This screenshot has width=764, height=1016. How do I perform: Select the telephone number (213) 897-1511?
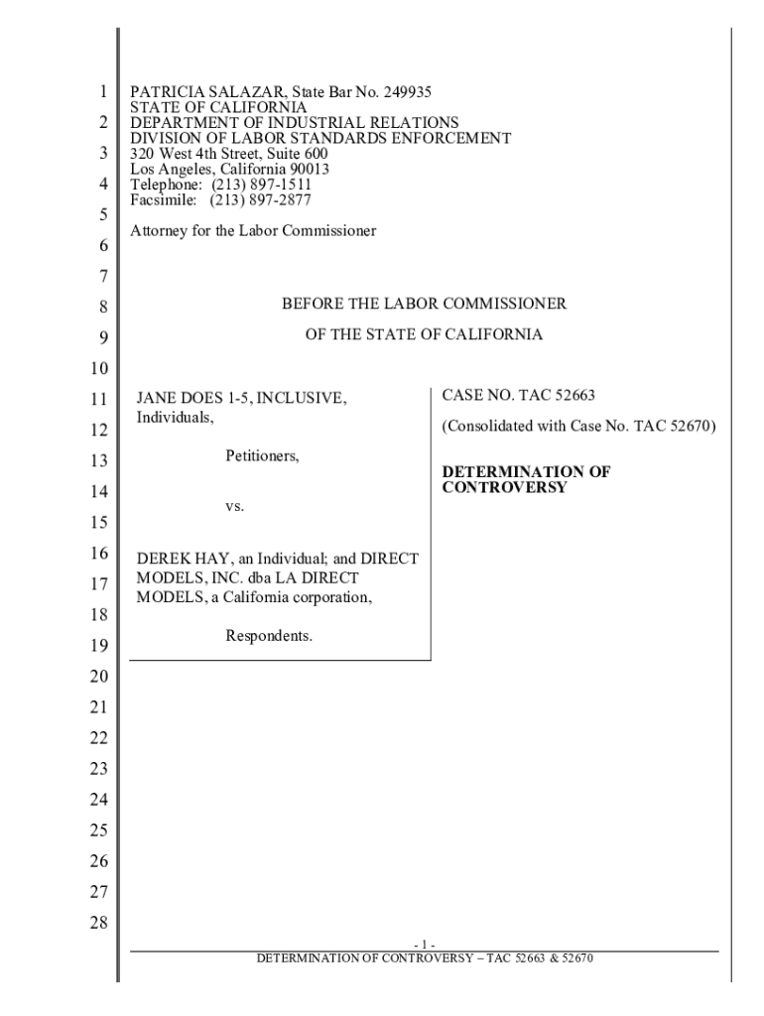[x=260, y=185]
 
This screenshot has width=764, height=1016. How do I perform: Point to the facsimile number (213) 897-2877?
[x=260, y=199]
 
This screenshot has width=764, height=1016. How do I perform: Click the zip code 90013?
[x=306, y=170]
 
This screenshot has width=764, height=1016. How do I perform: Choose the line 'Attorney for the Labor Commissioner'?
[x=254, y=231]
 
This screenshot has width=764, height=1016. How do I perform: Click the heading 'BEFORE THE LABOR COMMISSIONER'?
[x=424, y=304]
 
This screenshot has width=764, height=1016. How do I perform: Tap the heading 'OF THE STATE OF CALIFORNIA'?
[x=424, y=334]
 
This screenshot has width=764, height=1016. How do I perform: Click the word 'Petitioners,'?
[x=263, y=457]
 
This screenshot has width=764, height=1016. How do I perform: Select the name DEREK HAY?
[x=179, y=559]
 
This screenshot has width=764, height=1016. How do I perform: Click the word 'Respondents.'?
[x=269, y=635]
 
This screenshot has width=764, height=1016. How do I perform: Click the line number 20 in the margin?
[x=97, y=677]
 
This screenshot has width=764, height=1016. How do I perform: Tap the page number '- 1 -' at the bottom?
[x=424, y=944]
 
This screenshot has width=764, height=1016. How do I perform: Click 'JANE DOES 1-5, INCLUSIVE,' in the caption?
[x=241, y=398]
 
